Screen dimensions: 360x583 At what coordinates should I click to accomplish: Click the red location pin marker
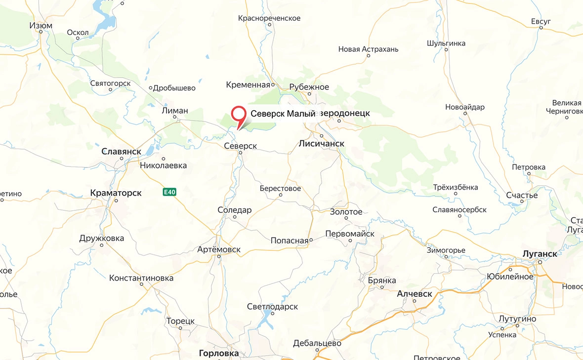coord(239,115)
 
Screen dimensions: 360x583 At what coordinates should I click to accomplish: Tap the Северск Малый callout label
coord(283,114)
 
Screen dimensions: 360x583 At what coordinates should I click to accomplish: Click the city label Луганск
coord(540,253)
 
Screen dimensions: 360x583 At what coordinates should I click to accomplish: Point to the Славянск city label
coord(121,151)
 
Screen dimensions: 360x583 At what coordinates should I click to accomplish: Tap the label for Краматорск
coord(116,193)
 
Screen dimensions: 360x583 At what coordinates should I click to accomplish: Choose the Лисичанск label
coord(321,143)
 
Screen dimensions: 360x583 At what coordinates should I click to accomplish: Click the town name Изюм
coord(41,26)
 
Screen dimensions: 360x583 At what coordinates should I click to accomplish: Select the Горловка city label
coord(218,353)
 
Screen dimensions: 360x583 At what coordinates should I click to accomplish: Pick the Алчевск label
coord(415,294)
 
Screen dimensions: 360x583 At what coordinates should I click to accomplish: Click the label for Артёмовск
coord(218,249)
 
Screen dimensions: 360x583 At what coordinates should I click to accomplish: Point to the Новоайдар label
coord(465,107)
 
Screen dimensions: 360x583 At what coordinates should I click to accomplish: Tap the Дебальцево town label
coord(317,343)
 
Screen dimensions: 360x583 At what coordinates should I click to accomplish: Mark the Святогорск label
coord(110,83)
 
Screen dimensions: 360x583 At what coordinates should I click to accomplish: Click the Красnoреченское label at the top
coord(269,18)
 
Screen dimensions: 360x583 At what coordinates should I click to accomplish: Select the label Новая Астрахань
coord(368,49)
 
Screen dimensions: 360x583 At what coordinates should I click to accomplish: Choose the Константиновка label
coord(141,278)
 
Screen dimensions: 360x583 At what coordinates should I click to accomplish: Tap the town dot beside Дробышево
coord(151,88)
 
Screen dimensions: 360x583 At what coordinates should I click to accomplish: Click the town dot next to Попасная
coord(311,240)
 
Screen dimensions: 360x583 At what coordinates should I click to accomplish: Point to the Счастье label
coord(522,195)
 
